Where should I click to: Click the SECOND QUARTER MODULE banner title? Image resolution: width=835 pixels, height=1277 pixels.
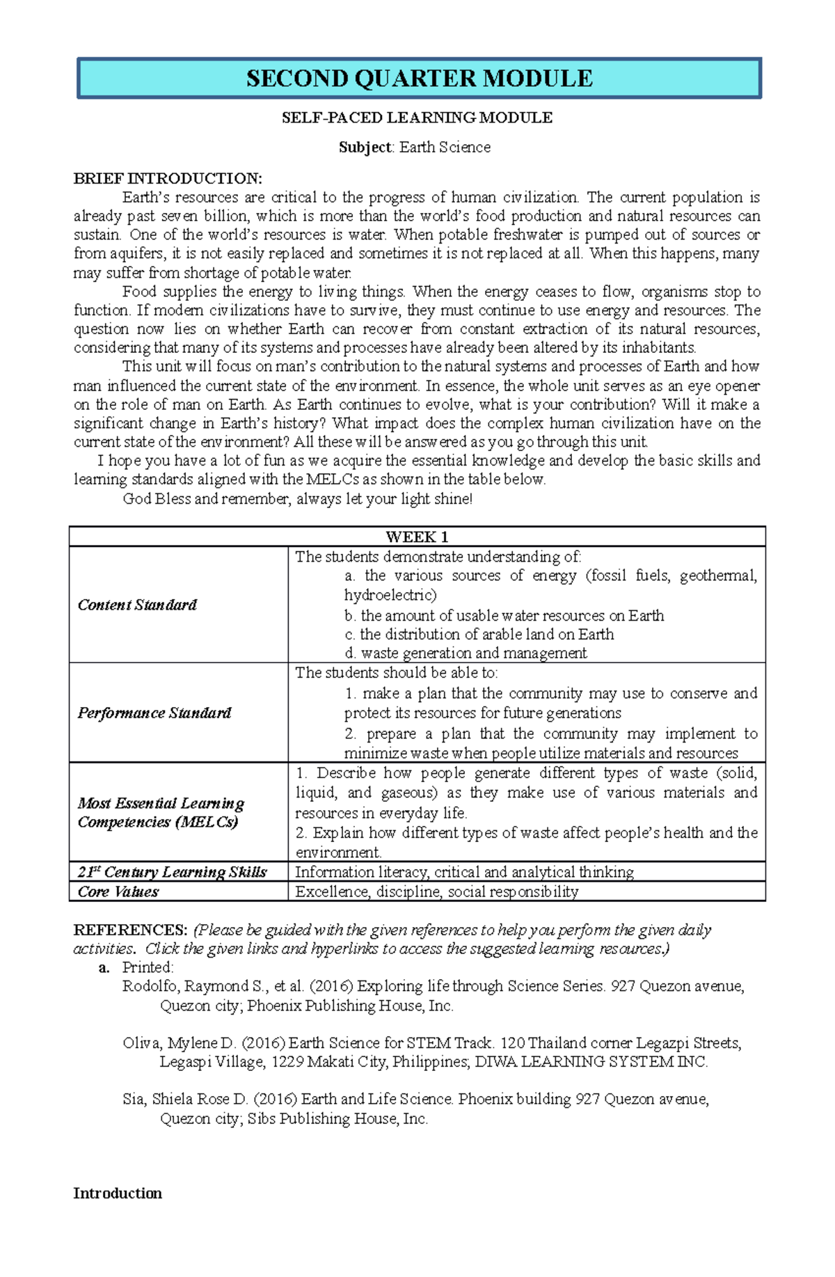(419, 78)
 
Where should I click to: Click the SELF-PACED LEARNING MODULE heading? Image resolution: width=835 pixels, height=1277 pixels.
(417, 118)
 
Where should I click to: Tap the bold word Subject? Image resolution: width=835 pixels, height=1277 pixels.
(366, 148)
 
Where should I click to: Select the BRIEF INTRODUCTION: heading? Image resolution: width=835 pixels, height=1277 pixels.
(168, 178)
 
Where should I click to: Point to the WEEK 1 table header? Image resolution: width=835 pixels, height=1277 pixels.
(417, 537)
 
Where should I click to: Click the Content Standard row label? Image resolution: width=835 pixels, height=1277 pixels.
(137, 605)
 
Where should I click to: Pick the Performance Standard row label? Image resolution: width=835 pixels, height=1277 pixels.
(154, 713)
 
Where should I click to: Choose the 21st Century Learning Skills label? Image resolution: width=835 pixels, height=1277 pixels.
(172, 872)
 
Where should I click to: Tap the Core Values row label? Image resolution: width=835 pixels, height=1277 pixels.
(118, 891)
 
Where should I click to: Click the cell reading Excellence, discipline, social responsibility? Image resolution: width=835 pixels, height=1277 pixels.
(436, 891)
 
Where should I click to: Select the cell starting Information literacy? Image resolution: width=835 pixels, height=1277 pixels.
(464, 872)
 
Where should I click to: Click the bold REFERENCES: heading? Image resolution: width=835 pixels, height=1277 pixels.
(130, 930)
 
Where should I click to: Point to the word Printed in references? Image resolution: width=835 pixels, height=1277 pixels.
(148, 967)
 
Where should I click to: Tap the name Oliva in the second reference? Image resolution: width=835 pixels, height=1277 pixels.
(141, 1042)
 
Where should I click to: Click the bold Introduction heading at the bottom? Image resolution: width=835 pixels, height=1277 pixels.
(118, 1193)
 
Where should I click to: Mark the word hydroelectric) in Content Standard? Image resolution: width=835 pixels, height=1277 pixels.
(390, 595)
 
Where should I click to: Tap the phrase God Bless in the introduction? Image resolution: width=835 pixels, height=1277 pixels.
(157, 499)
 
